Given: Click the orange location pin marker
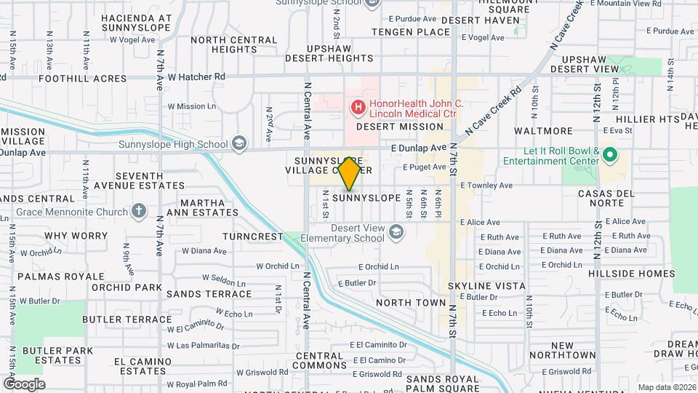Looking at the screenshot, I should click(350, 173).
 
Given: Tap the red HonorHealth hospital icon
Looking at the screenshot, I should click(358, 108).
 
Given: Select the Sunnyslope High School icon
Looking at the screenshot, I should click(238, 145).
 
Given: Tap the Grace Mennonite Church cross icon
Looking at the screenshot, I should click(139, 211).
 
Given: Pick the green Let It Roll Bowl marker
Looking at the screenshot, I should click(611, 155).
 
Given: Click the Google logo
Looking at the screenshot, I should click(23, 384).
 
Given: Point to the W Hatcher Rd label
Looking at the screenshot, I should click(196, 76).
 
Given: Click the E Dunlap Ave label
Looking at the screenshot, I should click(417, 148).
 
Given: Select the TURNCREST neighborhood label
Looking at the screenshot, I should click(252, 237).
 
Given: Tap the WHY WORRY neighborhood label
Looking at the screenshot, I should click(76, 236).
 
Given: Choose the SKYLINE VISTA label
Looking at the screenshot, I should click(486, 286).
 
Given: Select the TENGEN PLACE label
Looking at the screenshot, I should click(411, 32).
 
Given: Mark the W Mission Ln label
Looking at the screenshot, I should click(192, 106).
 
